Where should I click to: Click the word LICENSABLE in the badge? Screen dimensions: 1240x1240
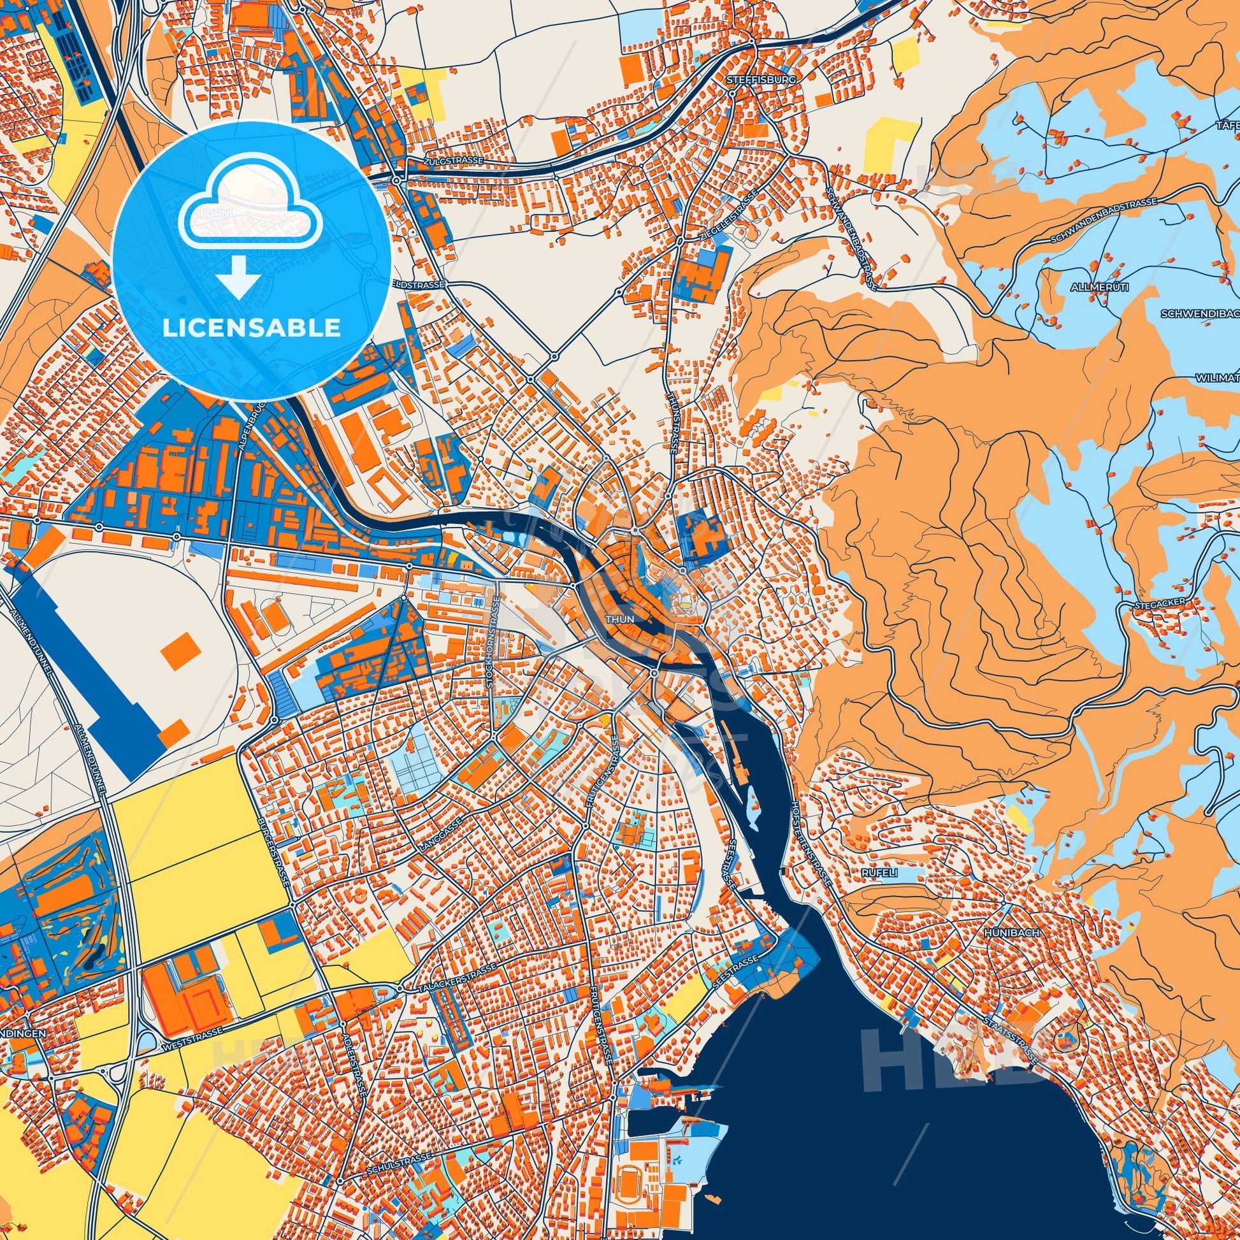click(252, 328)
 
